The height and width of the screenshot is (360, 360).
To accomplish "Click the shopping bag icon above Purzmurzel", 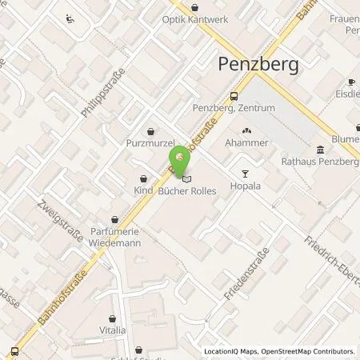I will [150, 131].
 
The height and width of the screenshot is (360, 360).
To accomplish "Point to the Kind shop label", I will [143, 191].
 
